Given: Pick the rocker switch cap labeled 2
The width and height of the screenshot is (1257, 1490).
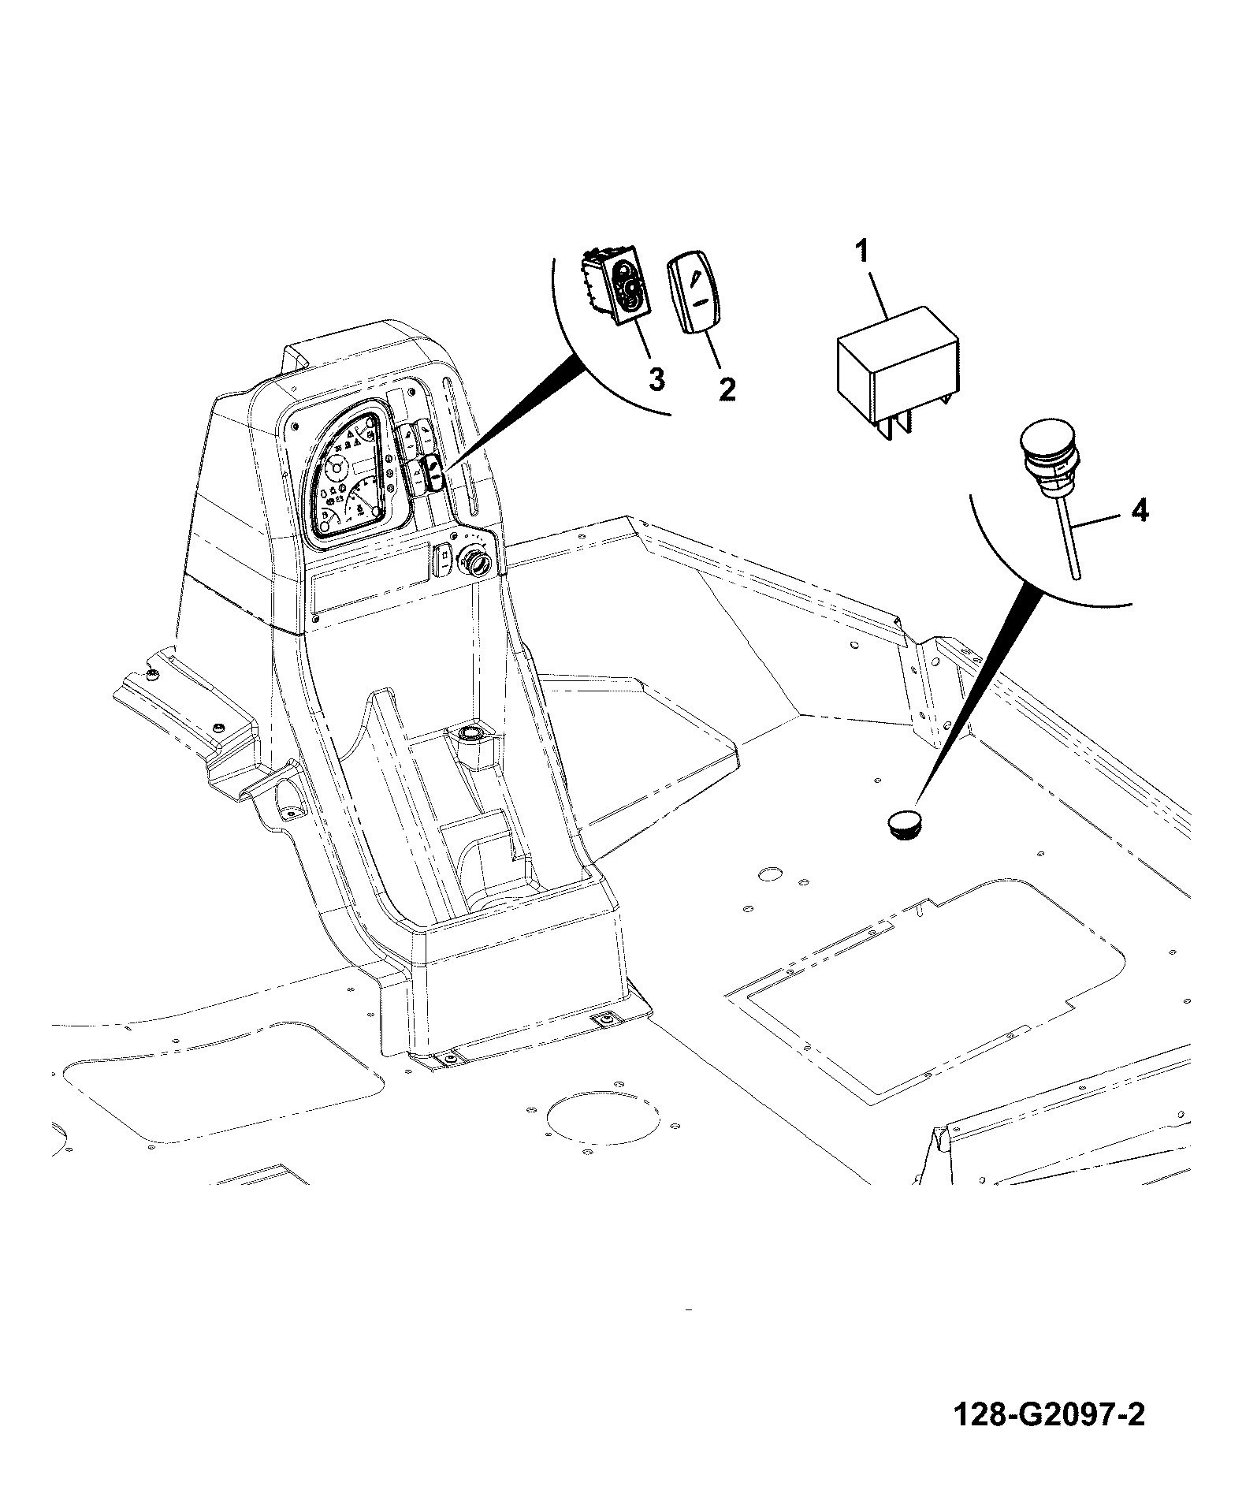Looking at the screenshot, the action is pyautogui.click(x=697, y=293).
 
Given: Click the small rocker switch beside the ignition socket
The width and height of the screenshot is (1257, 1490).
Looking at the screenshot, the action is pyautogui.click(x=444, y=559).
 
